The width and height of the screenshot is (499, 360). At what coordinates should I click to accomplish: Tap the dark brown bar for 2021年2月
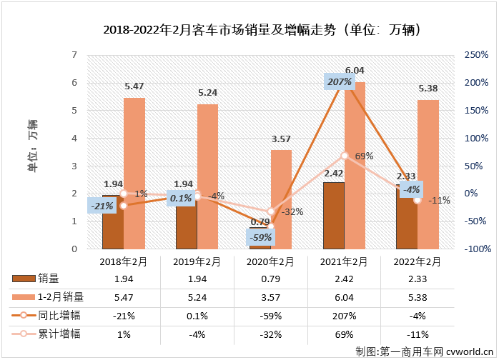tap(333, 216)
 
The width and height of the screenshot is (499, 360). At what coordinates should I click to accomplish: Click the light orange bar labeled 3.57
tap(281, 200)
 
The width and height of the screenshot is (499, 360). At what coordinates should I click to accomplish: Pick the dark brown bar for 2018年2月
tap(112, 223)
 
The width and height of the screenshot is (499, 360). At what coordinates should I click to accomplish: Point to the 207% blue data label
tap(340, 82)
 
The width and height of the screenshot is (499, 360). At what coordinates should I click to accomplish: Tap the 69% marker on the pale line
tap(345, 156)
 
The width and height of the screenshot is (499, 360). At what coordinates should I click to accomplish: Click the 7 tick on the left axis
tap(74, 55)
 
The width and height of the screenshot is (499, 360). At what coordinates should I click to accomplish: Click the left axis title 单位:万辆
tap(33, 146)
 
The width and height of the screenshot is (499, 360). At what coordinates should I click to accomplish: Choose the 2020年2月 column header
tap(271, 262)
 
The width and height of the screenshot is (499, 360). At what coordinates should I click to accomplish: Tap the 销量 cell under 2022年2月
tap(417, 278)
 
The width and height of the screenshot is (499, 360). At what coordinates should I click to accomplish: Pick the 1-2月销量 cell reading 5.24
tap(197, 296)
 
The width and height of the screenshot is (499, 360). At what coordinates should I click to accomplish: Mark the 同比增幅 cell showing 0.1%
tap(197, 315)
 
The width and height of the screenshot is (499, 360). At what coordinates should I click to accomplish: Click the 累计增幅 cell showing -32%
tap(271, 334)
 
